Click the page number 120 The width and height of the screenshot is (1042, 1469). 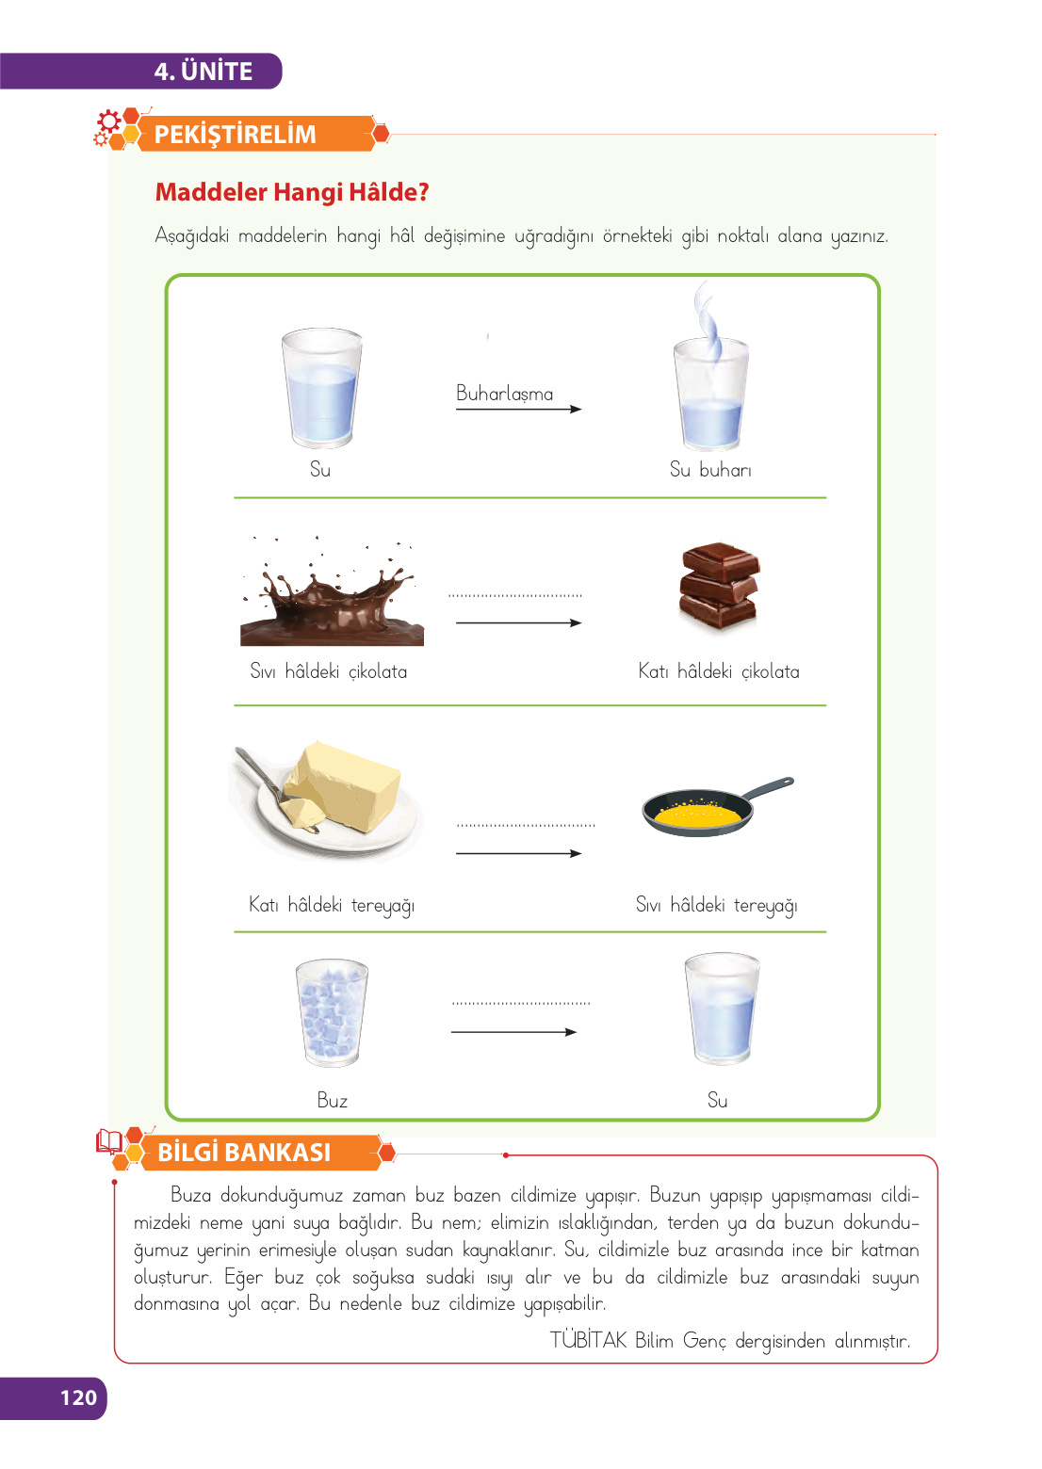pos(78,1397)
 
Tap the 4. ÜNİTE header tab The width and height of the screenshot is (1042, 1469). pos(204,72)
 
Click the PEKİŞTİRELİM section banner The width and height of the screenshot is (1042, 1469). pos(236,135)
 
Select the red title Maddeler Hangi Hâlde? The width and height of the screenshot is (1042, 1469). pos(292,192)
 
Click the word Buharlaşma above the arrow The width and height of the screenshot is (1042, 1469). pos(504,394)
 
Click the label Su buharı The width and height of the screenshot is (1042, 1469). pos(710,469)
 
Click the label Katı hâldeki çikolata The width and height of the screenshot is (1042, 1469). pos(719,671)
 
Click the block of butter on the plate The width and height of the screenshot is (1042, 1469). pos(344,786)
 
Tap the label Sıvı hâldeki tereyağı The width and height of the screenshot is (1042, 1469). pos(716,905)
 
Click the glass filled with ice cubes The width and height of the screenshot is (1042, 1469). pos(331,1013)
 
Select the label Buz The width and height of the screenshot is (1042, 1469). pos(332,1100)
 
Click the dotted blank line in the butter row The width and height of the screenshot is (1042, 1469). pos(526,825)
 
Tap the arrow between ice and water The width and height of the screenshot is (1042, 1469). pos(513,1032)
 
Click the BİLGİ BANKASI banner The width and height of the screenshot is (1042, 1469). pos(245,1153)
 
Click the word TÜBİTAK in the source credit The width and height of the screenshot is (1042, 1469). pos(588,1340)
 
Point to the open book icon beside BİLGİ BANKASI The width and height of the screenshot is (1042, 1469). pos(109,1142)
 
